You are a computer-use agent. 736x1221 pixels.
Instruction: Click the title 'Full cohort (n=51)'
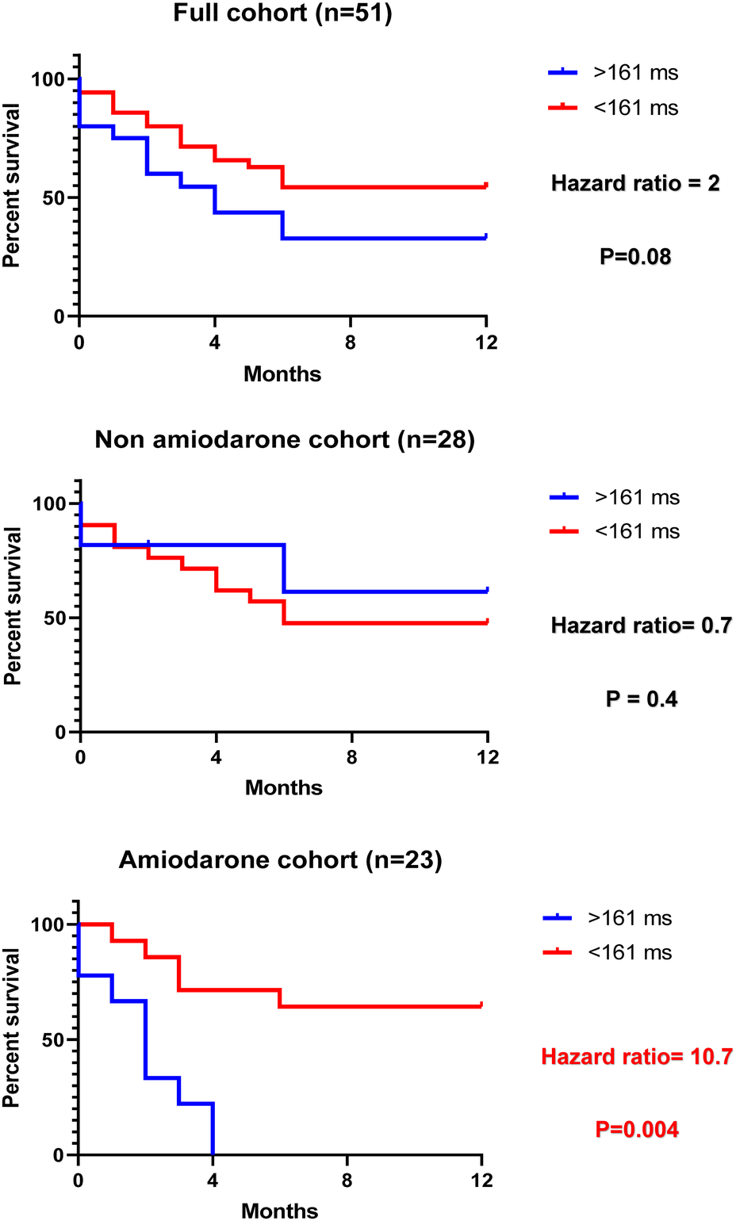282,13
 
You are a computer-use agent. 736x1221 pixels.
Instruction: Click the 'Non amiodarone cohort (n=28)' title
285,439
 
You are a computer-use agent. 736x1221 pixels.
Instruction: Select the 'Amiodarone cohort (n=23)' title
280,860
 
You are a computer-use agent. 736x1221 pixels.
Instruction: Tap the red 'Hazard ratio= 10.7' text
636,1057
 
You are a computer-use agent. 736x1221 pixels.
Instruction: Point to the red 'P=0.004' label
637,1129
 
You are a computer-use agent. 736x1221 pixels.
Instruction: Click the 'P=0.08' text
635,257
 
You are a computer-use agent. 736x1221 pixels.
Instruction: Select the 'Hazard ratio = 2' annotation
635,184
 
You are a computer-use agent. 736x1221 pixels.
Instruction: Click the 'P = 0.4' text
641,699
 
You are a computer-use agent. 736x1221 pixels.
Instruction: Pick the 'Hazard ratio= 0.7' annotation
641,626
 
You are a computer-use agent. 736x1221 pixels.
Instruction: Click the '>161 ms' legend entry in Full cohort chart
635,73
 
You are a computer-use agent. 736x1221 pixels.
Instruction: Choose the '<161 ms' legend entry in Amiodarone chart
630,952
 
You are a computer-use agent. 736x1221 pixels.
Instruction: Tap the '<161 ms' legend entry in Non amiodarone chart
637,531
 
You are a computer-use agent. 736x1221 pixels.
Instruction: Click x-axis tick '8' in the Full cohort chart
351,343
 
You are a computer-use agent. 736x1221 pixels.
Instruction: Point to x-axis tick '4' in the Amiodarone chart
213,1181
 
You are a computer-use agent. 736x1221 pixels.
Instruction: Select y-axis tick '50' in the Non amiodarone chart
56,618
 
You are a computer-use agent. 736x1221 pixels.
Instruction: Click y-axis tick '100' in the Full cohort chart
48,79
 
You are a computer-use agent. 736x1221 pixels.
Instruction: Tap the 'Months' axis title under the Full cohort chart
282,374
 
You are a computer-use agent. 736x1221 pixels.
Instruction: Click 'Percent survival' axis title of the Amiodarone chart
11,1028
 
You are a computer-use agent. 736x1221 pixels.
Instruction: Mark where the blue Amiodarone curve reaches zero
213,1154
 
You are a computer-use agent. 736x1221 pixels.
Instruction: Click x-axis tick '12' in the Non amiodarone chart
488,757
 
